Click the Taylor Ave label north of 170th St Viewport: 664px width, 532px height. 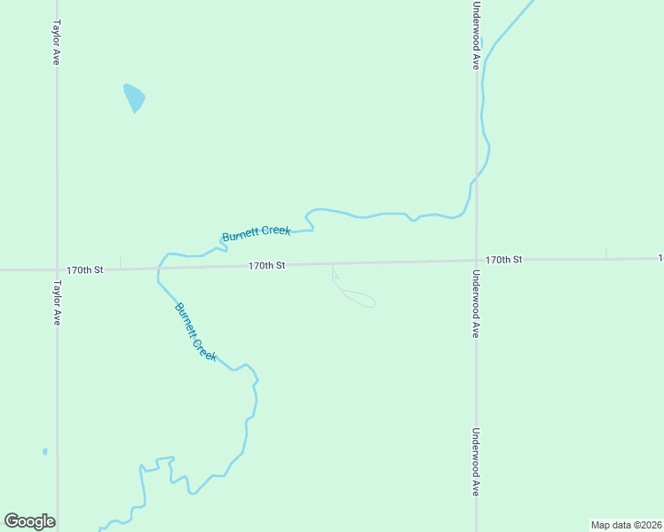(x=56, y=43)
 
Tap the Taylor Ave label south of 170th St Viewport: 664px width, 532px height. (x=56, y=303)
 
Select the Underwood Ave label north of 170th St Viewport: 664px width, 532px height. (x=477, y=35)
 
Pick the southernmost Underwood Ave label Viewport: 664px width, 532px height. (x=477, y=462)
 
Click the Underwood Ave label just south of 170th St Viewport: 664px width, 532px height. (x=477, y=304)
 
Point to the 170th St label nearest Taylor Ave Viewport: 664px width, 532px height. (x=85, y=269)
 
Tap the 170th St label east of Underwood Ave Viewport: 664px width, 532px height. (x=503, y=259)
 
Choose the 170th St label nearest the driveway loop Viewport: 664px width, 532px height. (x=266, y=265)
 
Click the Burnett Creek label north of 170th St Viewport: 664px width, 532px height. (x=256, y=234)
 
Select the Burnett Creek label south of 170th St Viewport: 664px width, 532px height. (x=195, y=331)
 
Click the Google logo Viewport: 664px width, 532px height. (x=29, y=521)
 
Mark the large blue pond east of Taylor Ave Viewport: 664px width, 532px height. (x=134, y=96)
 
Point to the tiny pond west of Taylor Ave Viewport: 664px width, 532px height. (x=44, y=451)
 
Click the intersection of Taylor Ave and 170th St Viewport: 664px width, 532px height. (x=57, y=269)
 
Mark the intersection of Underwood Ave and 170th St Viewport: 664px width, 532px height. (x=477, y=261)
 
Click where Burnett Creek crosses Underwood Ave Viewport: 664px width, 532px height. (x=477, y=179)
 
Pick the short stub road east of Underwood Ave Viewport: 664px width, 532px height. (x=606, y=253)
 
